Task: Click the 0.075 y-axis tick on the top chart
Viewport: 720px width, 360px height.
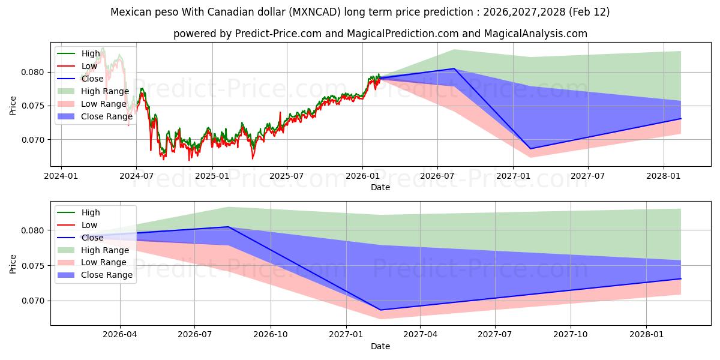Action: pos(34,106)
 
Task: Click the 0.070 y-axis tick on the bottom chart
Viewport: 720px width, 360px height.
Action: pos(34,301)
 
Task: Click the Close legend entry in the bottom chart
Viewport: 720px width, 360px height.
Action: pos(92,238)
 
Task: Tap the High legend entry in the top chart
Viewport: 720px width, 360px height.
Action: pos(91,53)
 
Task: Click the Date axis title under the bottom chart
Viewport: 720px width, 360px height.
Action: pos(380,346)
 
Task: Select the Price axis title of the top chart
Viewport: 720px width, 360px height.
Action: pos(13,106)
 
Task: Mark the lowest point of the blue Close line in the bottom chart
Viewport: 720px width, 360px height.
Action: pos(380,310)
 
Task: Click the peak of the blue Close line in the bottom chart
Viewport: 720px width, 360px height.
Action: pos(228,227)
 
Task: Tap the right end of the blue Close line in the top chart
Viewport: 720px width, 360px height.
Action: pos(681,118)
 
